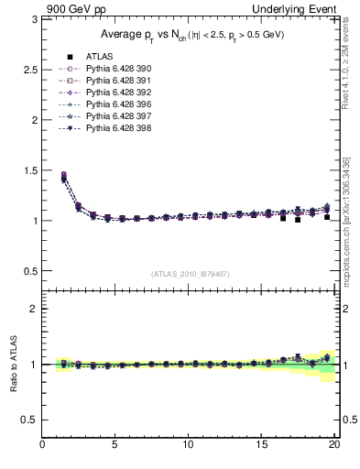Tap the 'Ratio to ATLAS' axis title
coord(13,365)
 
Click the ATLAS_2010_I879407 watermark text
coord(190,273)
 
